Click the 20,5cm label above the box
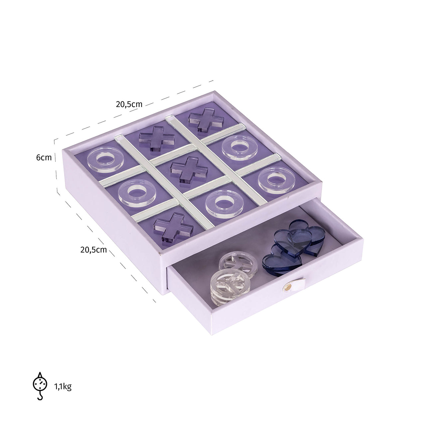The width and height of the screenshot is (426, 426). (129, 104)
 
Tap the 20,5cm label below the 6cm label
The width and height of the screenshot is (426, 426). (93, 250)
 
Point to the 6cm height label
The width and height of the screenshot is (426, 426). (44, 157)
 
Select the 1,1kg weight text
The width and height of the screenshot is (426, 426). (63, 386)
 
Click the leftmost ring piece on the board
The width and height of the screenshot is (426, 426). (106, 161)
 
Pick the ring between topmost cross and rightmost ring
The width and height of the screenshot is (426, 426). (238, 147)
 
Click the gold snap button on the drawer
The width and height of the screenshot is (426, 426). (286, 287)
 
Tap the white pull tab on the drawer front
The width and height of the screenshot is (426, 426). (295, 284)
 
